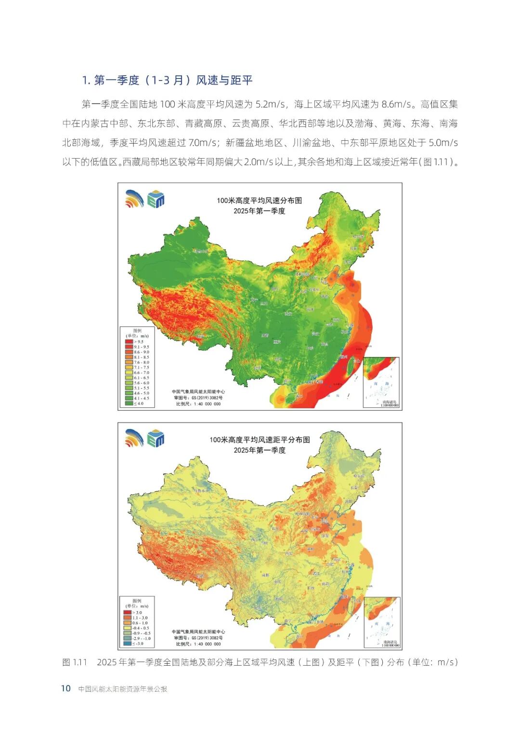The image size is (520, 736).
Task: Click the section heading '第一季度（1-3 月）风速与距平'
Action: (x=168, y=80)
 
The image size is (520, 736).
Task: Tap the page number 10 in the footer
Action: (x=66, y=688)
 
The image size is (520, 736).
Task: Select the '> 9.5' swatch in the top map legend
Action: (x=129, y=342)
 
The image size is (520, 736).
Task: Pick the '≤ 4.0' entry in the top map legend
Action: (x=129, y=403)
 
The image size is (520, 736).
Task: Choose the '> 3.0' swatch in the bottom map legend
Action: (x=128, y=613)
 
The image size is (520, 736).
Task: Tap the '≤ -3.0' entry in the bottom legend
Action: (x=128, y=643)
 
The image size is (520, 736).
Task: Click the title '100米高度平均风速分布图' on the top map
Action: (x=259, y=201)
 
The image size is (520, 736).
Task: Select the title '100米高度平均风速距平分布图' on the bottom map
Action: (x=259, y=440)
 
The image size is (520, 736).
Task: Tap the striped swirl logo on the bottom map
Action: (x=134, y=438)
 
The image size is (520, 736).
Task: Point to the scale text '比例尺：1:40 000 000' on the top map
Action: (x=198, y=404)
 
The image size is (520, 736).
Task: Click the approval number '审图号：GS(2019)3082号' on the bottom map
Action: (x=198, y=638)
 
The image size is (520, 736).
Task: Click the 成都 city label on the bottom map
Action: (x=265, y=575)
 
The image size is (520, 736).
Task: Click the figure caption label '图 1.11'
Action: (x=75, y=662)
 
